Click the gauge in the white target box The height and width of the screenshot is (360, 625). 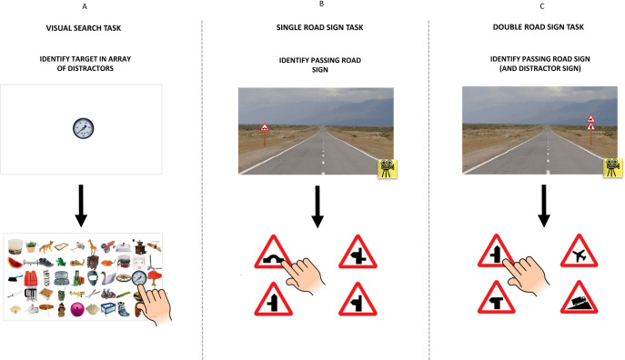tap(84, 128)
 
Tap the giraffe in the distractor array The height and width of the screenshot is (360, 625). tap(93, 247)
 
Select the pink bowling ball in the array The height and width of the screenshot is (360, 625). tap(76, 309)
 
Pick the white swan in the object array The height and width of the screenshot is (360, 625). tap(108, 278)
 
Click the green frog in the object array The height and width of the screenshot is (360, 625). tap(61, 262)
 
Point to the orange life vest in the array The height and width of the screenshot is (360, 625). tap(30, 278)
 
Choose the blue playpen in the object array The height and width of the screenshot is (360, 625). tap(108, 309)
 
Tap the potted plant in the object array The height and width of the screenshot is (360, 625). tap(31, 246)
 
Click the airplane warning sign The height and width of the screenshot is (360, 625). tap(579, 252)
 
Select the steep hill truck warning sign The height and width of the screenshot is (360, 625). tap(579, 298)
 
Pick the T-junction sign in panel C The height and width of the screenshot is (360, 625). tap(496, 298)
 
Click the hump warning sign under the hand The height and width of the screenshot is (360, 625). tap(273, 253)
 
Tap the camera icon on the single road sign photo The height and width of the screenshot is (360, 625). tap(387, 168)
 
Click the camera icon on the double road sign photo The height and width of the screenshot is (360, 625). tap(612, 167)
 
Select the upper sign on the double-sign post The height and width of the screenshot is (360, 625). tap(590, 119)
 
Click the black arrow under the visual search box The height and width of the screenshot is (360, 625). tap(81, 205)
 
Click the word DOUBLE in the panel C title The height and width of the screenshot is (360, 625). tap(507, 27)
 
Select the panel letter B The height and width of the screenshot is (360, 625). tap(321, 4)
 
